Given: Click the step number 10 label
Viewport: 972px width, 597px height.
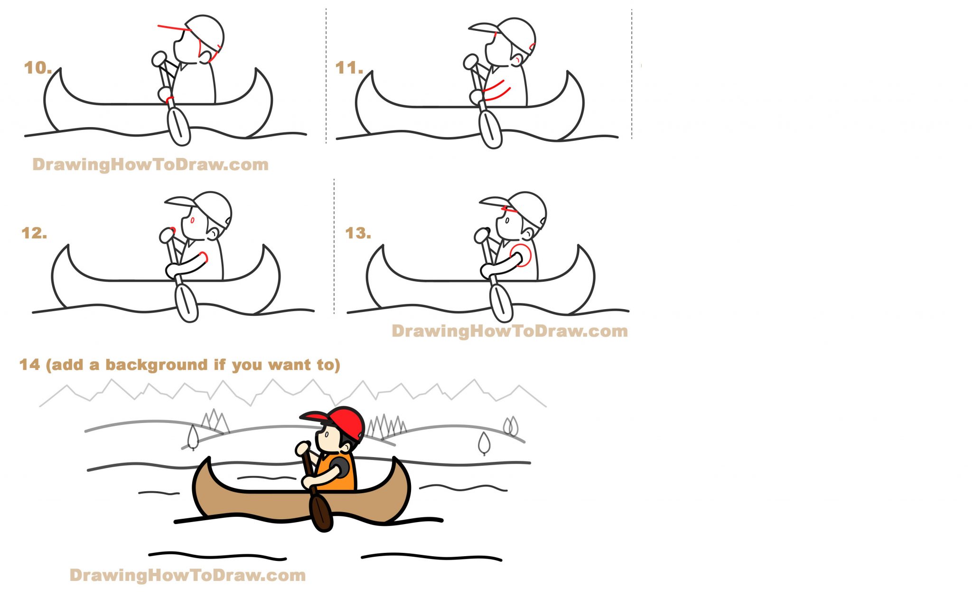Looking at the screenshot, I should pos(37,68).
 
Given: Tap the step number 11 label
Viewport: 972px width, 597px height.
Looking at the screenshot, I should pos(349,68).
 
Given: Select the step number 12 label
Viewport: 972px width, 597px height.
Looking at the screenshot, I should pos(34,233).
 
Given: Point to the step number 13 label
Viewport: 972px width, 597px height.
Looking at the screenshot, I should pos(358,233).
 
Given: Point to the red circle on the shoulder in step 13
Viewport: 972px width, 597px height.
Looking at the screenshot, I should pos(521,255).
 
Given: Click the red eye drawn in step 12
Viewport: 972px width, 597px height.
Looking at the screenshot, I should pos(192,220).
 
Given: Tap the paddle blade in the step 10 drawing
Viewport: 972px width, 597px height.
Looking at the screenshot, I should pos(179,126).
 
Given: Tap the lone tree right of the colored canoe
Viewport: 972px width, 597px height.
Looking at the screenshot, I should pos(484,443).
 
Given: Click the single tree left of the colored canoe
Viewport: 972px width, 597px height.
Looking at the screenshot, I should pos(193,437).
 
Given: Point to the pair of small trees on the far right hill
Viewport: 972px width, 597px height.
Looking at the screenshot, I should pos(511,426).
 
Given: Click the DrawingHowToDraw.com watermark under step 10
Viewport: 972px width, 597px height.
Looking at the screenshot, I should pos(150,165).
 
